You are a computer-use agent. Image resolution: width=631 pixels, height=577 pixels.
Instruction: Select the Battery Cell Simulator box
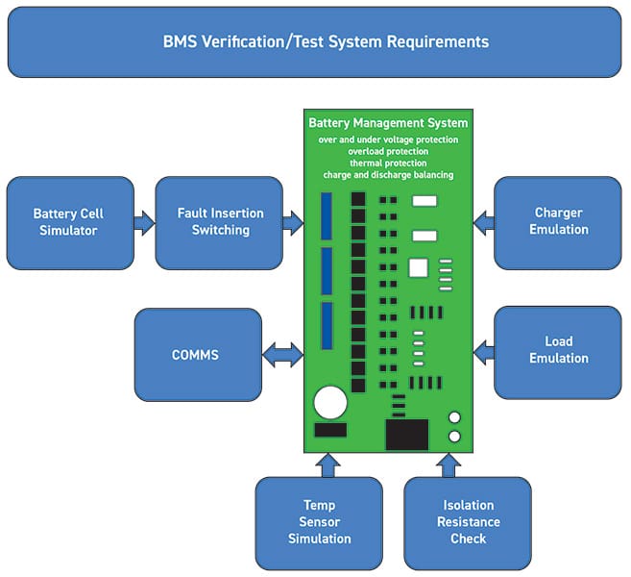(x=68, y=222)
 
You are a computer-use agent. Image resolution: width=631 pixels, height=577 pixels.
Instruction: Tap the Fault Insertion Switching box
(x=220, y=222)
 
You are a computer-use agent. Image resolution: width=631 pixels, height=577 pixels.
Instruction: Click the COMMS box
(x=196, y=355)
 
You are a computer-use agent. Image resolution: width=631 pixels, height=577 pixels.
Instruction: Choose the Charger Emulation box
(x=558, y=221)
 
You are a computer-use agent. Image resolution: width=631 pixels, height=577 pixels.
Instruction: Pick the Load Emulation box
(x=558, y=349)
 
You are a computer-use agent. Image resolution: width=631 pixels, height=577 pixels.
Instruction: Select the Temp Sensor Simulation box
(x=319, y=522)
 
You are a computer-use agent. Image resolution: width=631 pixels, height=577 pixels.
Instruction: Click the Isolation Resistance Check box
(x=468, y=522)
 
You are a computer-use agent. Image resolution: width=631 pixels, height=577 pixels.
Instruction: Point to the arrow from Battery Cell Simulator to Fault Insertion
(x=144, y=224)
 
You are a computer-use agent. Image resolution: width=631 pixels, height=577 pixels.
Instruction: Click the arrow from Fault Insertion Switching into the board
(x=293, y=224)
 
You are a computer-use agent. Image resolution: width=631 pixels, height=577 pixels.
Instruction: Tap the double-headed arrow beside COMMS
(x=282, y=355)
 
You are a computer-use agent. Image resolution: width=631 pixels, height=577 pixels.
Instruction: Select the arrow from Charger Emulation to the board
(x=484, y=222)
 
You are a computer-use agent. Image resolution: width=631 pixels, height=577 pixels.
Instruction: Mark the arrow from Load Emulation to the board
(x=484, y=351)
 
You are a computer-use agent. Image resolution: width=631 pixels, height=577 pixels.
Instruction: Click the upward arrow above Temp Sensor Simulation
(x=328, y=464)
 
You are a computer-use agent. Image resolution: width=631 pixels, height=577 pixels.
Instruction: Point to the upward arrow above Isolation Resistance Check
(x=449, y=464)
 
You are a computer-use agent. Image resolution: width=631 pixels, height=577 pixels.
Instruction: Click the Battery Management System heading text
(x=388, y=123)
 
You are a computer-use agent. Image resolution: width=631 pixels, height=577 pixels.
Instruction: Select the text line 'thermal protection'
(x=388, y=163)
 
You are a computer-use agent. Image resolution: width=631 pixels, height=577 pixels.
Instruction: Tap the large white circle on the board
(x=330, y=403)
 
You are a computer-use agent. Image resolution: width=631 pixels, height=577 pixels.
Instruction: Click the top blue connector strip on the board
(x=327, y=215)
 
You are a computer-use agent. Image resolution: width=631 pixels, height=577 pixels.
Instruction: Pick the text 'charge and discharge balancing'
(x=388, y=175)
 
